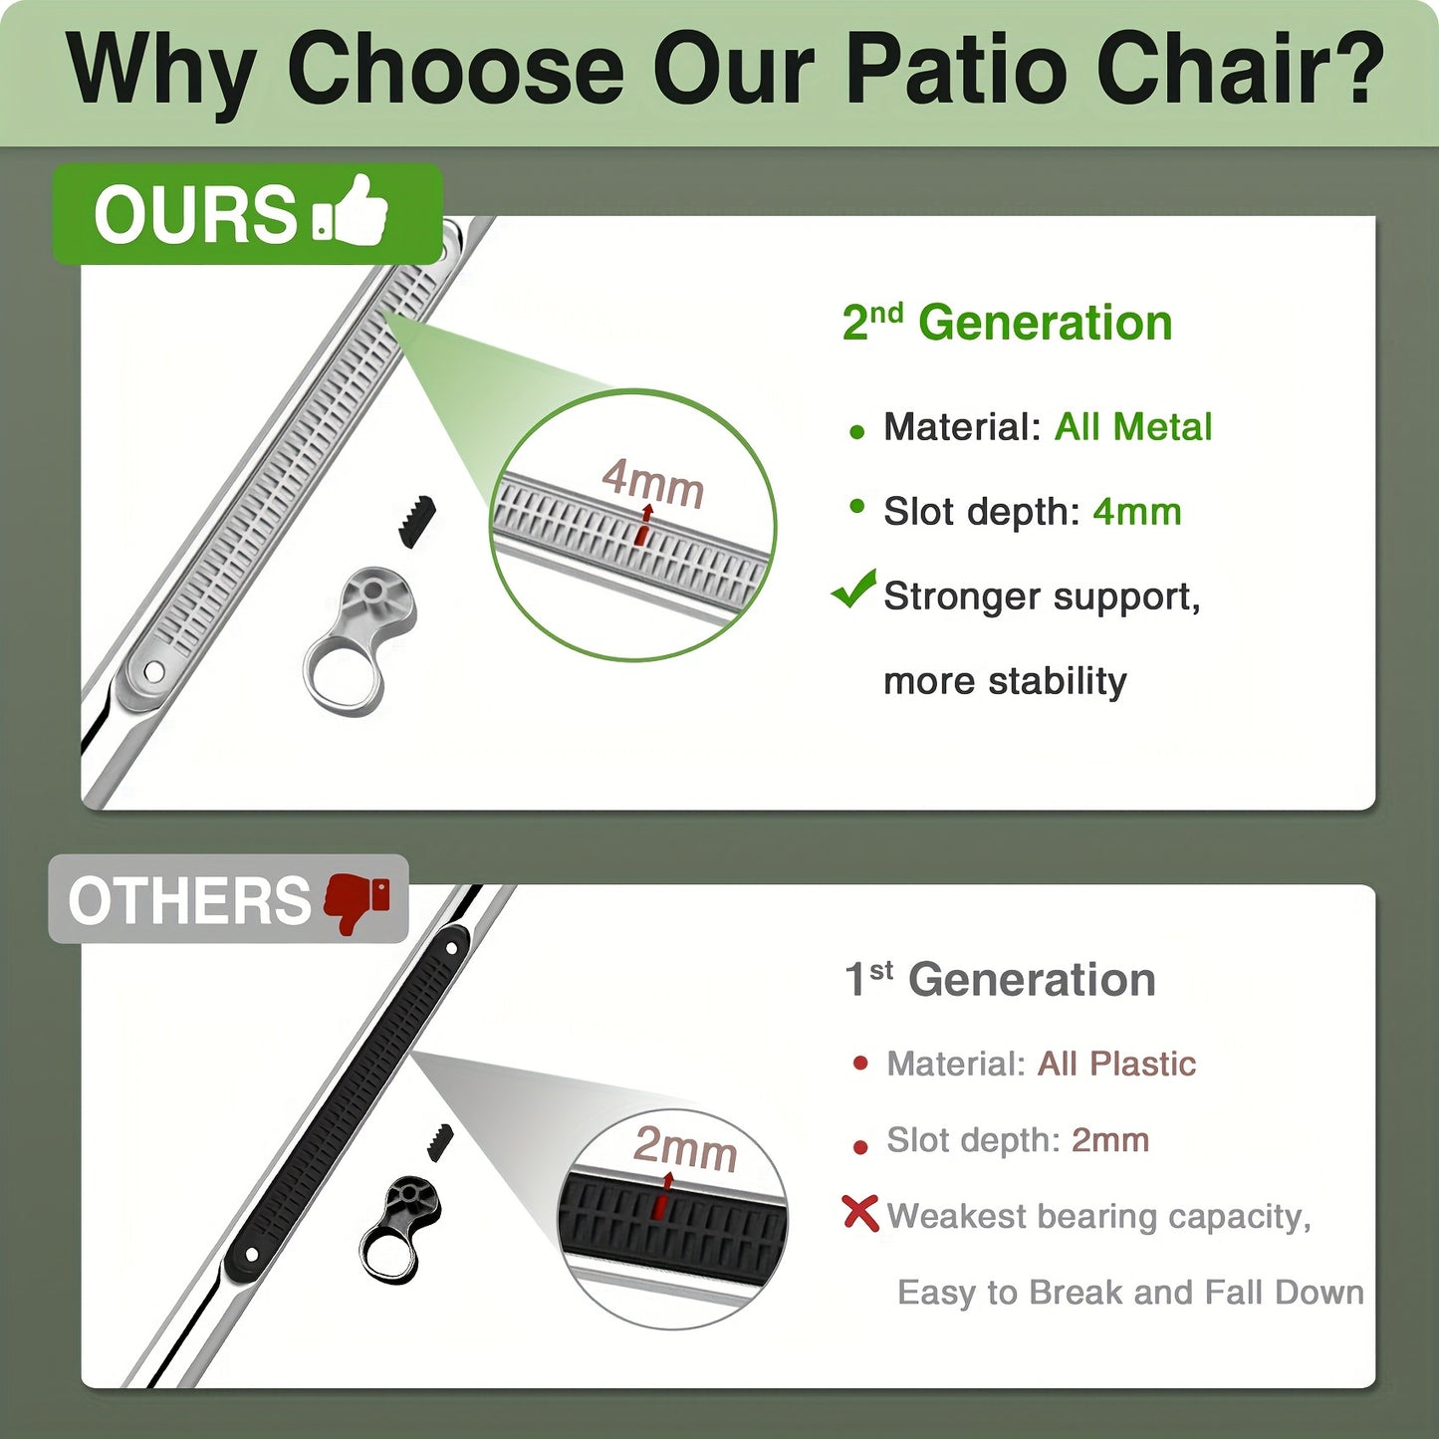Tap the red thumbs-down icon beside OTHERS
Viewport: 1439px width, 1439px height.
click(357, 901)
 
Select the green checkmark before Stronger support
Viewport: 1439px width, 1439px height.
click(852, 590)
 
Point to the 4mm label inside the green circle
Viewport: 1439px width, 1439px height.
click(652, 484)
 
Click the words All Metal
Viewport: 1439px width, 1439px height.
click(1133, 427)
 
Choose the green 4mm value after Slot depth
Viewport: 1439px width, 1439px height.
click(1136, 512)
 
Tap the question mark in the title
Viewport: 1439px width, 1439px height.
click(1349, 69)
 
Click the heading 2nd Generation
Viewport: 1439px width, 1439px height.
click(1008, 323)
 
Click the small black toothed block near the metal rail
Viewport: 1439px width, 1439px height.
click(416, 520)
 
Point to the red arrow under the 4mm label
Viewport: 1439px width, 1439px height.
click(644, 524)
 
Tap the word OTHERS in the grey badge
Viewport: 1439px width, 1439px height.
click(189, 901)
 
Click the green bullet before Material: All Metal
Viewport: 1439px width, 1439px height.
click(857, 432)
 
